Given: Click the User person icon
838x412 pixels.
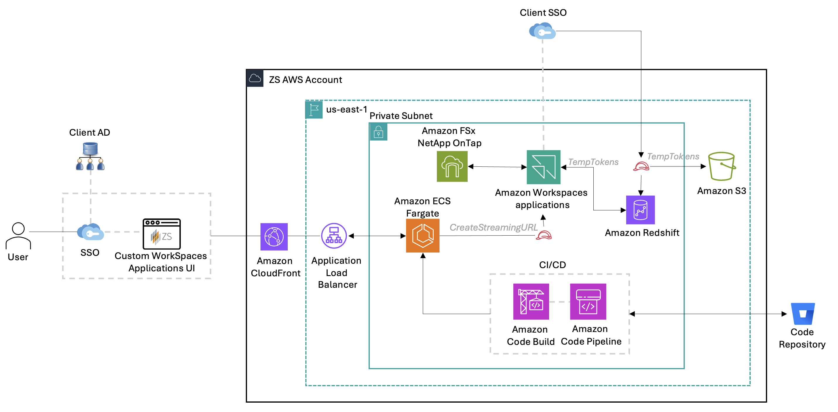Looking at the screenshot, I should click(18, 236).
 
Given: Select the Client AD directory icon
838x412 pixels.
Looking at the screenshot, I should click(90, 156).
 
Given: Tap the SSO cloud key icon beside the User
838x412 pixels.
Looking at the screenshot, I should click(91, 232).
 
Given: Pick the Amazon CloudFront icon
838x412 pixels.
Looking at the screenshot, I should click(274, 236).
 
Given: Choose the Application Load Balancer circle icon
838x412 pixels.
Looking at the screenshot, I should click(334, 236).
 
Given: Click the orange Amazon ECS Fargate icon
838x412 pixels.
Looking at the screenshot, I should click(423, 236).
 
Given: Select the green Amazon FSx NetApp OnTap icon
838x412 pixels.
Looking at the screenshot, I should click(452, 166).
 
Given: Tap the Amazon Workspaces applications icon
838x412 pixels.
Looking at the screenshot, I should click(543, 167).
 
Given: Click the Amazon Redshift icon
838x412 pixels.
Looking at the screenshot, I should click(640, 210).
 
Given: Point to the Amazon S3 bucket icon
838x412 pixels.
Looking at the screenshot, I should click(722, 166).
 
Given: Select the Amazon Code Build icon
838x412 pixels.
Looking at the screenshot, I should click(531, 301).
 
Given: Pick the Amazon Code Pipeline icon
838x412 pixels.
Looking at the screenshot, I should click(588, 301).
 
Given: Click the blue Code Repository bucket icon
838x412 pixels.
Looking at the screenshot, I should click(803, 314).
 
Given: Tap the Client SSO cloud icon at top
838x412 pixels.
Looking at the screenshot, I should click(542, 31).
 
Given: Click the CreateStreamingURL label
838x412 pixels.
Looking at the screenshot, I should click(493, 227).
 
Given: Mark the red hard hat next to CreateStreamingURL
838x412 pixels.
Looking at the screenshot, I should click(544, 235).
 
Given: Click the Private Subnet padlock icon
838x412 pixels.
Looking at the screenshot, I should click(378, 132).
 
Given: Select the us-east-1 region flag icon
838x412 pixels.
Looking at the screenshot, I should click(314, 110).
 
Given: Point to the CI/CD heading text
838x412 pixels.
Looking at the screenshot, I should click(552, 265).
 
